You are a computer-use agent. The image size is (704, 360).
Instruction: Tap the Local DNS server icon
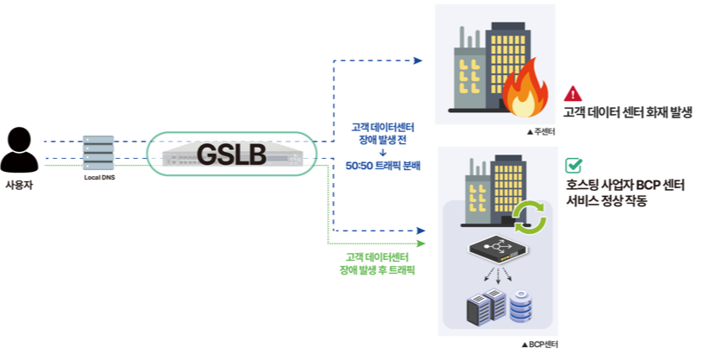point(98,153)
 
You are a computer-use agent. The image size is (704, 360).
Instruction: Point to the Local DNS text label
point(98,177)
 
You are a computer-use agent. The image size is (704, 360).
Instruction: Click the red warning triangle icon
point(573,94)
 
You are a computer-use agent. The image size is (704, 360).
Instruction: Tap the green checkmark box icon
point(573,166)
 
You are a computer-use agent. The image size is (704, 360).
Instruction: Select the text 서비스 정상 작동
point(607,200)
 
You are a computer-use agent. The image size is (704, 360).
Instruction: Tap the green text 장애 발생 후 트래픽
point(378,269)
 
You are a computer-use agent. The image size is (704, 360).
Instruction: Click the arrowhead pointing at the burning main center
point(418,60)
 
